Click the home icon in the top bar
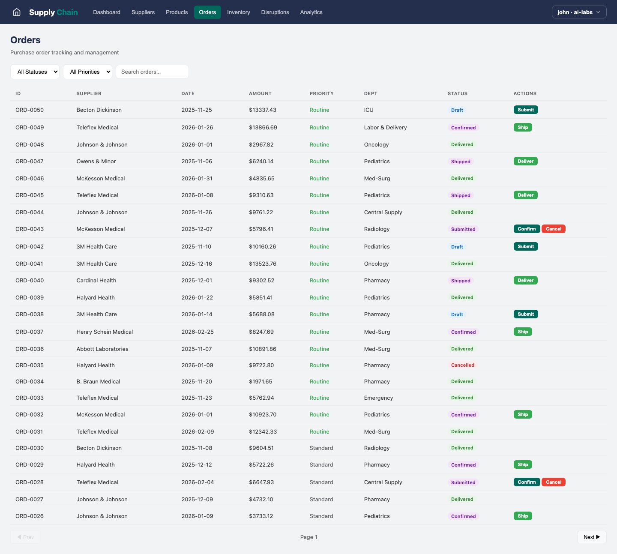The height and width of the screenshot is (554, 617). [17, 12]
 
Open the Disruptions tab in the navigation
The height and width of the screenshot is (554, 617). [275, 12]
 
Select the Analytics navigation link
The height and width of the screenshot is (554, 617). [311, 12]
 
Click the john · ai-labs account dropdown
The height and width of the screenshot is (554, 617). [579, 12]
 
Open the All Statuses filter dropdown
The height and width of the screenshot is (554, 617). [35, 72]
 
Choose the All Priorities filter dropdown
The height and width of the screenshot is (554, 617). [87, 72]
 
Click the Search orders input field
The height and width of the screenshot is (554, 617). [152, 72]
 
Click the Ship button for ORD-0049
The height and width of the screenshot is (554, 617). [523, 127]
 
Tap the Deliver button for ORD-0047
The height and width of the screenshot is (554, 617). [525, 161]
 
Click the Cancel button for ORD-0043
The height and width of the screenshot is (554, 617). [554, 229]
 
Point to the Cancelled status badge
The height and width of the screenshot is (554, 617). [463, 365]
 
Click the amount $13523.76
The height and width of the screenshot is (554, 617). [263, 264]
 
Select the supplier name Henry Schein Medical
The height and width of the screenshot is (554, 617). [105, 332]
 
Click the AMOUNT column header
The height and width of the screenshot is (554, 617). [260, 93]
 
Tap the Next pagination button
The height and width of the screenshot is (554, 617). [591, 537]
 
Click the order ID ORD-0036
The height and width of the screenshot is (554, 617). [30, 349]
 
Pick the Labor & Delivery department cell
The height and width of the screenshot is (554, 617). [385, 127]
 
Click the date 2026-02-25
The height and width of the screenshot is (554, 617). [198, 332]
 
